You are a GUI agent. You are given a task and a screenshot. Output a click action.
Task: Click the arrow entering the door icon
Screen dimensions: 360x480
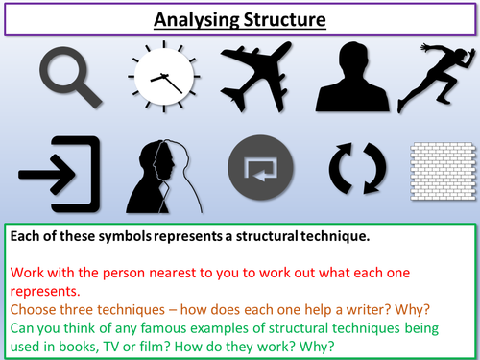60,174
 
